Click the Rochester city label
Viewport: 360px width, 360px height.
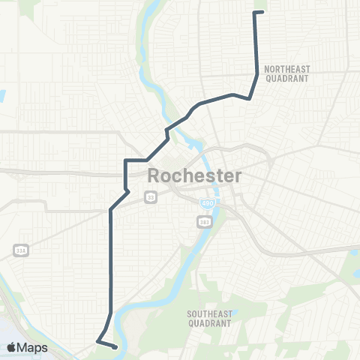195,177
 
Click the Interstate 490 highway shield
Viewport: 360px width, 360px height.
206,203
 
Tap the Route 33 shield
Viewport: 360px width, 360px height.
151,196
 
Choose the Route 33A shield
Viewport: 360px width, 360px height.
19,250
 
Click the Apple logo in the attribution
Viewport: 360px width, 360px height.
12,347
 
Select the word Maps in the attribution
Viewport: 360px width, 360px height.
33,347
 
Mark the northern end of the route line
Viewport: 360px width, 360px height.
256,13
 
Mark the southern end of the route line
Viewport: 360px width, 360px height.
114,347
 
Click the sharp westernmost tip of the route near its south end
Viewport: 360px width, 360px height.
97,342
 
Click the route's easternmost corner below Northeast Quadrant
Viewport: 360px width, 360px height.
257,73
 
